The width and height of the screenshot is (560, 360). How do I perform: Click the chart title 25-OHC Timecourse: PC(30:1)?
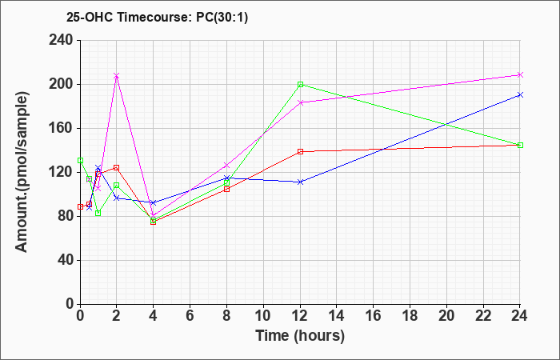coord(157,18)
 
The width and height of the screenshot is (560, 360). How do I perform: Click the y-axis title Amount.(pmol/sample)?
coord(22,172)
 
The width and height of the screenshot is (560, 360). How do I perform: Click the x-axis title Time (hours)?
coord(300,336)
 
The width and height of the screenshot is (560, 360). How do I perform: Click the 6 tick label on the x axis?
coord(190,316)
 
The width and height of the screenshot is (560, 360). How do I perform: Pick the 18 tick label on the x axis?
coord(410,316)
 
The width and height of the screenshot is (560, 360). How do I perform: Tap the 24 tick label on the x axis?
coord(520,316)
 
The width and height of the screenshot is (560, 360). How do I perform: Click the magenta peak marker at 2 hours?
coord(117,76)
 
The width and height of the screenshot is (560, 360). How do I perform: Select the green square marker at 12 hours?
coord(300,84)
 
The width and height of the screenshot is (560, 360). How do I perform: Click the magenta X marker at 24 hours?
coord(520,74)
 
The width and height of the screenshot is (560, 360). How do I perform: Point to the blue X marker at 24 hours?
coord(520,94)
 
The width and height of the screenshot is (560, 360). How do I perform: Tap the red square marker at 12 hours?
coord(300,151)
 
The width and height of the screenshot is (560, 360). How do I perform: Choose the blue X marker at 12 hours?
coord(300,182)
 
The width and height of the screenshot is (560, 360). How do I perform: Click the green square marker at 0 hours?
coord(80,160)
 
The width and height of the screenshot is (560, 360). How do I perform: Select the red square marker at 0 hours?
coord(80,206)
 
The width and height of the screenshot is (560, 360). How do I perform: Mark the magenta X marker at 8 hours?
coord(226,165)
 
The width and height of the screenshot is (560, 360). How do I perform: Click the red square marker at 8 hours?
coord(226,190)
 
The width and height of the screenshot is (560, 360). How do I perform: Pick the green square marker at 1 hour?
coord(98,214)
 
